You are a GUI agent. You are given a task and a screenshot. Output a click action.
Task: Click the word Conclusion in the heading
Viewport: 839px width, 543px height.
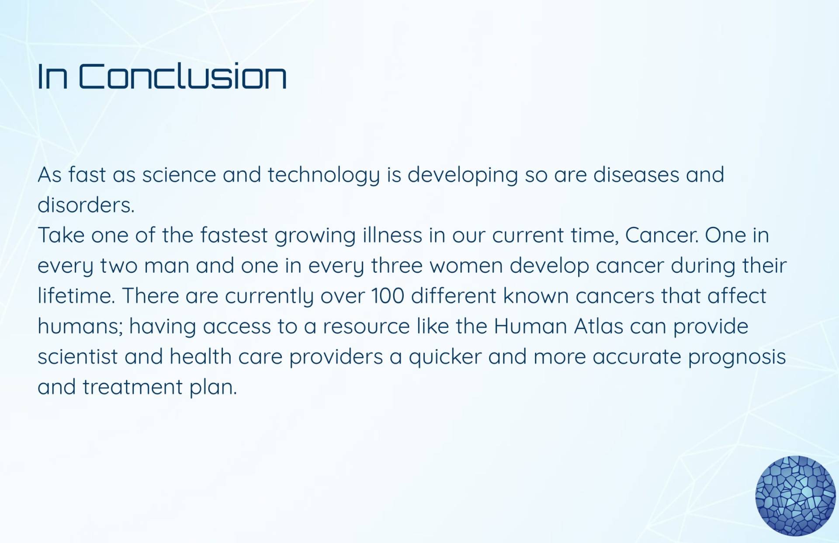coord(183,76)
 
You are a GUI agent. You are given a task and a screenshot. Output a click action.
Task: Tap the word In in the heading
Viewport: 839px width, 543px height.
coord(52,76)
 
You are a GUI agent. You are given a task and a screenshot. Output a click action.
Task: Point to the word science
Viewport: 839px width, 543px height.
coord(179,175)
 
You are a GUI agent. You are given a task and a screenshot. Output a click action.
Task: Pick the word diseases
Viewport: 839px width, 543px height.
coord(636,175)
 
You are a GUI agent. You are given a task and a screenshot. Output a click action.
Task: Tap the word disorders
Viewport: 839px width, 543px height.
coord(86,205)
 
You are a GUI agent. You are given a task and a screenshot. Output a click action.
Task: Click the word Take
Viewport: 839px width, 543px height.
coord(61,235)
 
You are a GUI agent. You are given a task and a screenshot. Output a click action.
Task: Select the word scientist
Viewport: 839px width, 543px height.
coord(78,356)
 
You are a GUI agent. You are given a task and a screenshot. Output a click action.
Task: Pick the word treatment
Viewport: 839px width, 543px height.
coord(132,387)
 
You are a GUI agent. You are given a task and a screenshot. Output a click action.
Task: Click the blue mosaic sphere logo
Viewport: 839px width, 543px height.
coord(795,496)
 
